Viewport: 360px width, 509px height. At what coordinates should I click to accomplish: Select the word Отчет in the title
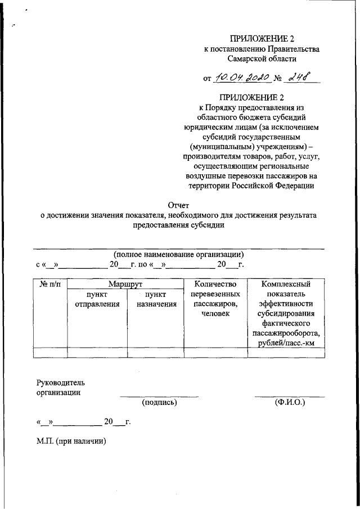pyautogui.click(x=179, y=205)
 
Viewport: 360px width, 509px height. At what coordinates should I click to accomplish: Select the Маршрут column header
pyautogui.click(x=125, y=284)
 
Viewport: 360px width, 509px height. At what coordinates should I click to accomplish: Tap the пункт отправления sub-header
pyautogui.click(x=97, y=299)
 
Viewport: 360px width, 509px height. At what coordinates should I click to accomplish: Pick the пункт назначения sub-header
pyautogui.click(x=156, y=299)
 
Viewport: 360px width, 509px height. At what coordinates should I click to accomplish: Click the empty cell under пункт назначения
pyautogui.click(x=156, y=353)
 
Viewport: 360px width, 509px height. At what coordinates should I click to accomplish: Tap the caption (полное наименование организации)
pyautogui.click(x=178, y=254)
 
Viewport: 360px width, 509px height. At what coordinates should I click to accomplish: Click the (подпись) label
pyautogui.click(x=160, y=402)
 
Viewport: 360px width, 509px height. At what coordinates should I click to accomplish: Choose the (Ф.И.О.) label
pyautogui.click(x=290, y=402)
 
